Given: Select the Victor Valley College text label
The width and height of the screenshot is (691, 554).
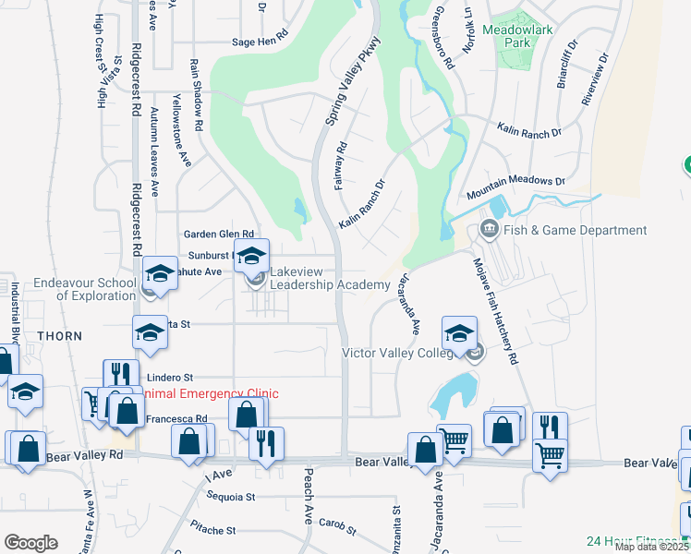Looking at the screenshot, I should click(x=403, y=353).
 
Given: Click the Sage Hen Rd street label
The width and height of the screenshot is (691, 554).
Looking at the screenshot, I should click(x=261, y=42).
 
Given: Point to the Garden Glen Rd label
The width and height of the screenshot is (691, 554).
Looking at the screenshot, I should click(x=218, y=235).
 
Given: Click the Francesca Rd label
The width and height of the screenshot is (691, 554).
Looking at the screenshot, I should click(x=176, y=419).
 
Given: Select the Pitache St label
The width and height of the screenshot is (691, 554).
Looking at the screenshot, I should click(x=212, y=531).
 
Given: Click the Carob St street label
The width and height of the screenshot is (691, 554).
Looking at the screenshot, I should click(x=338, y=527).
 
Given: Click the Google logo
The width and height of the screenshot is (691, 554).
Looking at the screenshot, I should click(x=30, y=543).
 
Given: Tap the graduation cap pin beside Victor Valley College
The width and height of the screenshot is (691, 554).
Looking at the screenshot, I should click(x=459, y=334).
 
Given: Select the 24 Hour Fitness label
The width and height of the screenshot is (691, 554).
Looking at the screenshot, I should click(x=637, y=541).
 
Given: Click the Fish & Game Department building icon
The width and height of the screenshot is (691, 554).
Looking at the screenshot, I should click(x=487, y=230).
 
